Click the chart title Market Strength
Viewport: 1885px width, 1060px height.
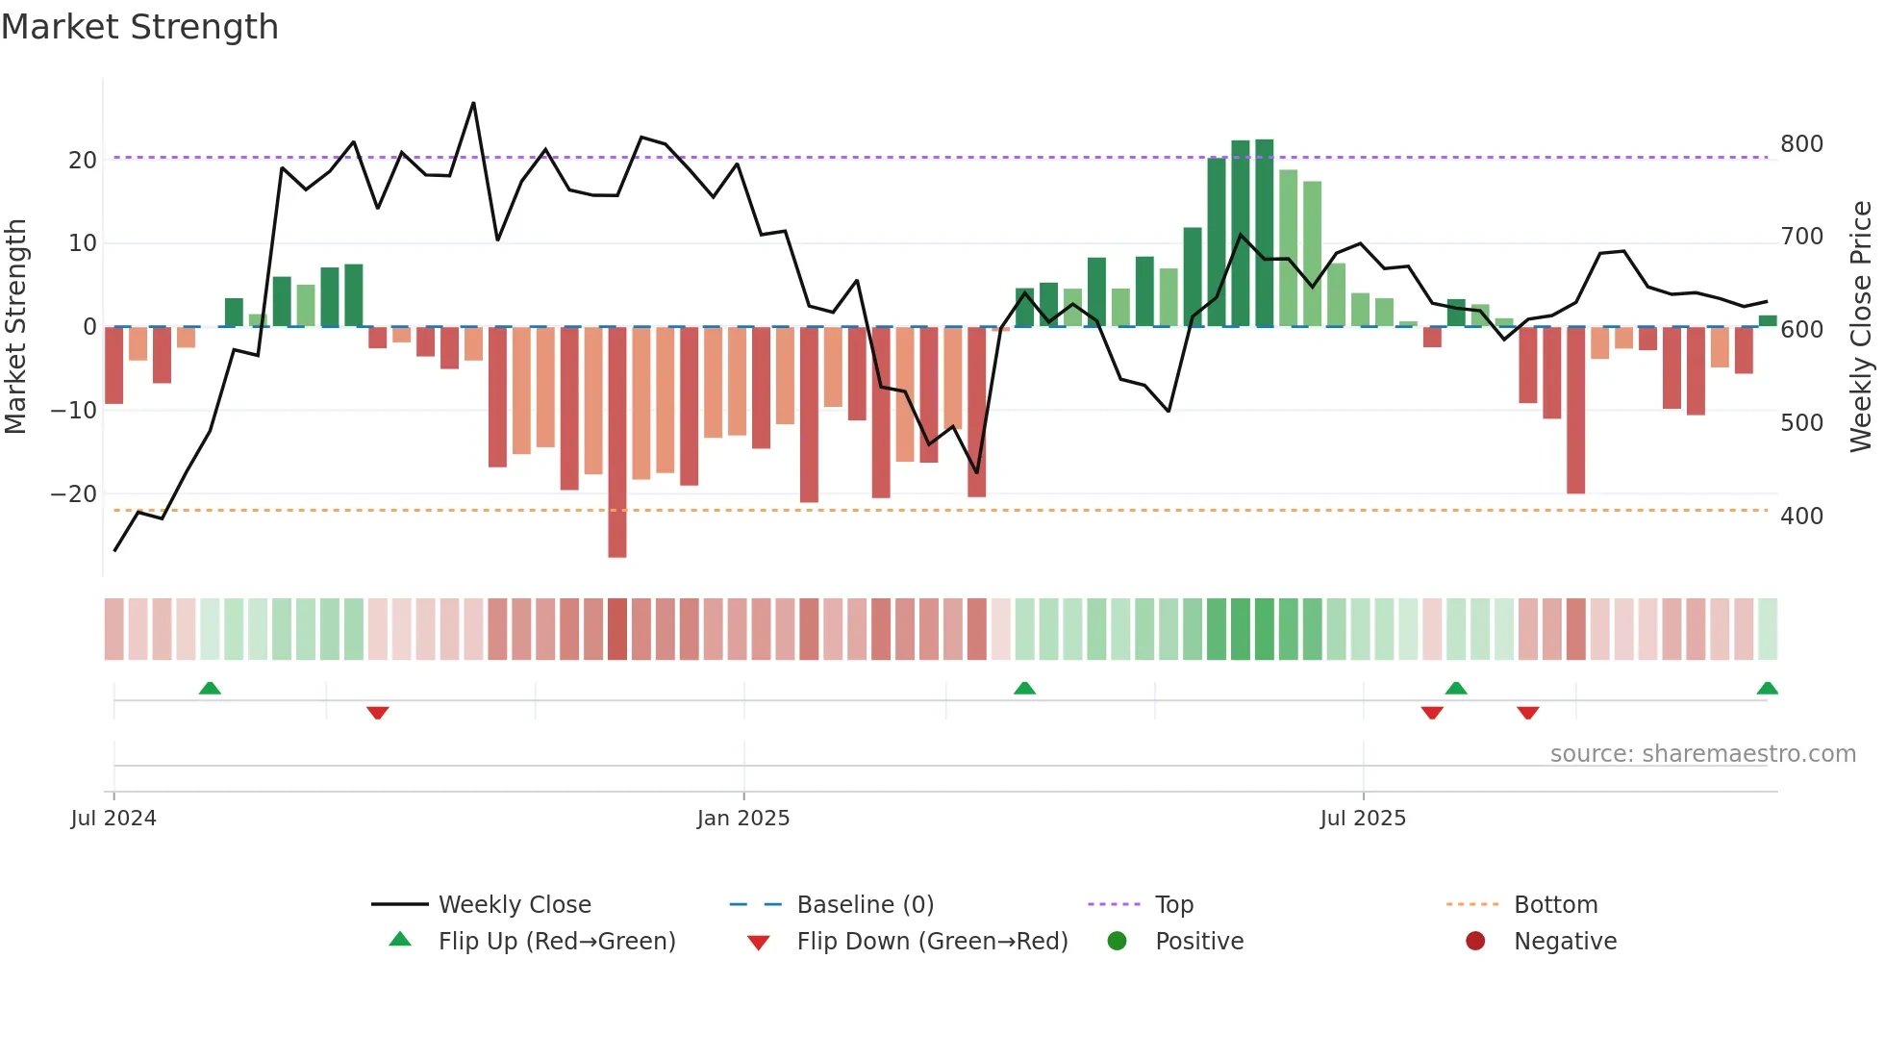click(139, 27)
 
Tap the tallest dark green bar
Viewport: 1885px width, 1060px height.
click(1264, 233)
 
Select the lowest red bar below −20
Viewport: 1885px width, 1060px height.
click(616, 442)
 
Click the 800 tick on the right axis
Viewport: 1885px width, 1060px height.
click(1801, 144)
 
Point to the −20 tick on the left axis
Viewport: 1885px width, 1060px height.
click(74, 494)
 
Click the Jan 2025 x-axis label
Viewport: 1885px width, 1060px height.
click(742, 819)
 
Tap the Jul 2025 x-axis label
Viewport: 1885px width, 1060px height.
click(1362, 819)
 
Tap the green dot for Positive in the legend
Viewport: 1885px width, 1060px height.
click(1117, 942)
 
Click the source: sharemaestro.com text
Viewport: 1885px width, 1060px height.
click(1702, 754)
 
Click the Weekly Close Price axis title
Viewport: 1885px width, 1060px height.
click(1861, 327)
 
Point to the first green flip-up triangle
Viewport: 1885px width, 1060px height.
click(210, 688)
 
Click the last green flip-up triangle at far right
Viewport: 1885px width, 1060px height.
click(1767, 688)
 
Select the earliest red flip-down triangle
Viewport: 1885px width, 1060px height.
click(377, 713)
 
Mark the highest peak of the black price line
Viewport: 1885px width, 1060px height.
click(473, 103)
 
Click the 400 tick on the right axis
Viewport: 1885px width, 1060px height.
click(1801, 517)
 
